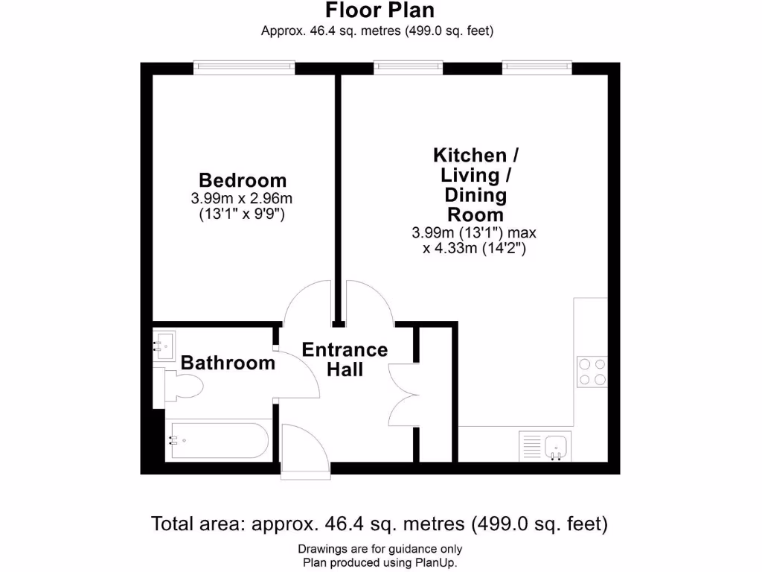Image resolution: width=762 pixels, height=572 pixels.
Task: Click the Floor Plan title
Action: tap(380, 10)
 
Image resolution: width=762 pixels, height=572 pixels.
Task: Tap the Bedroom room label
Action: tap(243, 180)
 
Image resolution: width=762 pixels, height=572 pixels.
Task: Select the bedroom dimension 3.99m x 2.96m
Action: tap(243, 199)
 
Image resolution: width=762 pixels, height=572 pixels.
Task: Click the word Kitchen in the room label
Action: tap(470, 156)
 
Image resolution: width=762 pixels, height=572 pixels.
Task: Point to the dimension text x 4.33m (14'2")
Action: tap(475, 249)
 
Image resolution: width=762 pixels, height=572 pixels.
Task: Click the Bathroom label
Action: tap(228, 363)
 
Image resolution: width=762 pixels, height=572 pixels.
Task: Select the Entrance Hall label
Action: tap(345, 359)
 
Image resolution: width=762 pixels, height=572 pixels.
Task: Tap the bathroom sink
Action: tap(165, 344)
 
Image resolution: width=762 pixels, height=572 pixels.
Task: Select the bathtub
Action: tap(217, 440)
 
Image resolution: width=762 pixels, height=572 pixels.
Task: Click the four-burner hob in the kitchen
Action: tap(592, 372)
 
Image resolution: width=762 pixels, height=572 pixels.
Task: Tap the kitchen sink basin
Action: tap(557, 446)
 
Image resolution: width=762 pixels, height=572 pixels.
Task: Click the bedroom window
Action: tap(244, 68)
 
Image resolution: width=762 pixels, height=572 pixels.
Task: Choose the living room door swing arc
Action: tap(368, 302)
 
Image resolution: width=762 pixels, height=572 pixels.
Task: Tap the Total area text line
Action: tap(380, 524)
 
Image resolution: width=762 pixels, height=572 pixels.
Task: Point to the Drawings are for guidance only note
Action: tap(380, 550)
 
